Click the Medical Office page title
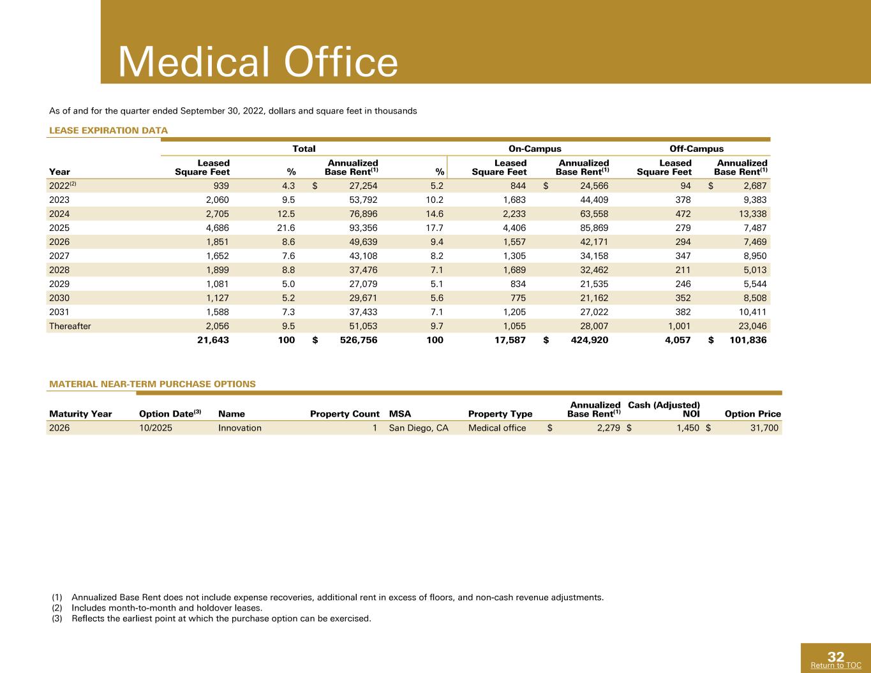coord(258,62)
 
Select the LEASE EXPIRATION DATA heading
coord(108,131)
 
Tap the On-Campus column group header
coord(535,149)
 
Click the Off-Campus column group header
coord(696,149)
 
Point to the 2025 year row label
coord(59,228)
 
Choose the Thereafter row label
coord(70,326)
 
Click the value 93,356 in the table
coord(363,228)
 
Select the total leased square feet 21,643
coord(213,340)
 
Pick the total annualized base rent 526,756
coord(359,340)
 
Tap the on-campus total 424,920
coord(589,340)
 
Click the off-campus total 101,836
coord(748,340)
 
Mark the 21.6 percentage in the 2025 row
coord(286,228)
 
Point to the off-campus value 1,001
coord(679,326)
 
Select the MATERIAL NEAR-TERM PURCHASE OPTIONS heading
coord(153,384)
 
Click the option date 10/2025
coord(156,428)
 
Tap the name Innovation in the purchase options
coord(240,428)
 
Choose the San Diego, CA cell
coord(419,428)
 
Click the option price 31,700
coord(764,428)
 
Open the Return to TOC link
coord(836,665)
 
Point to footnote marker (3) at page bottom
coord(57,619)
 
